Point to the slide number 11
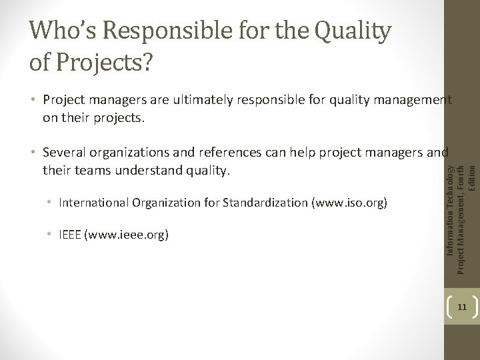point(461,307)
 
